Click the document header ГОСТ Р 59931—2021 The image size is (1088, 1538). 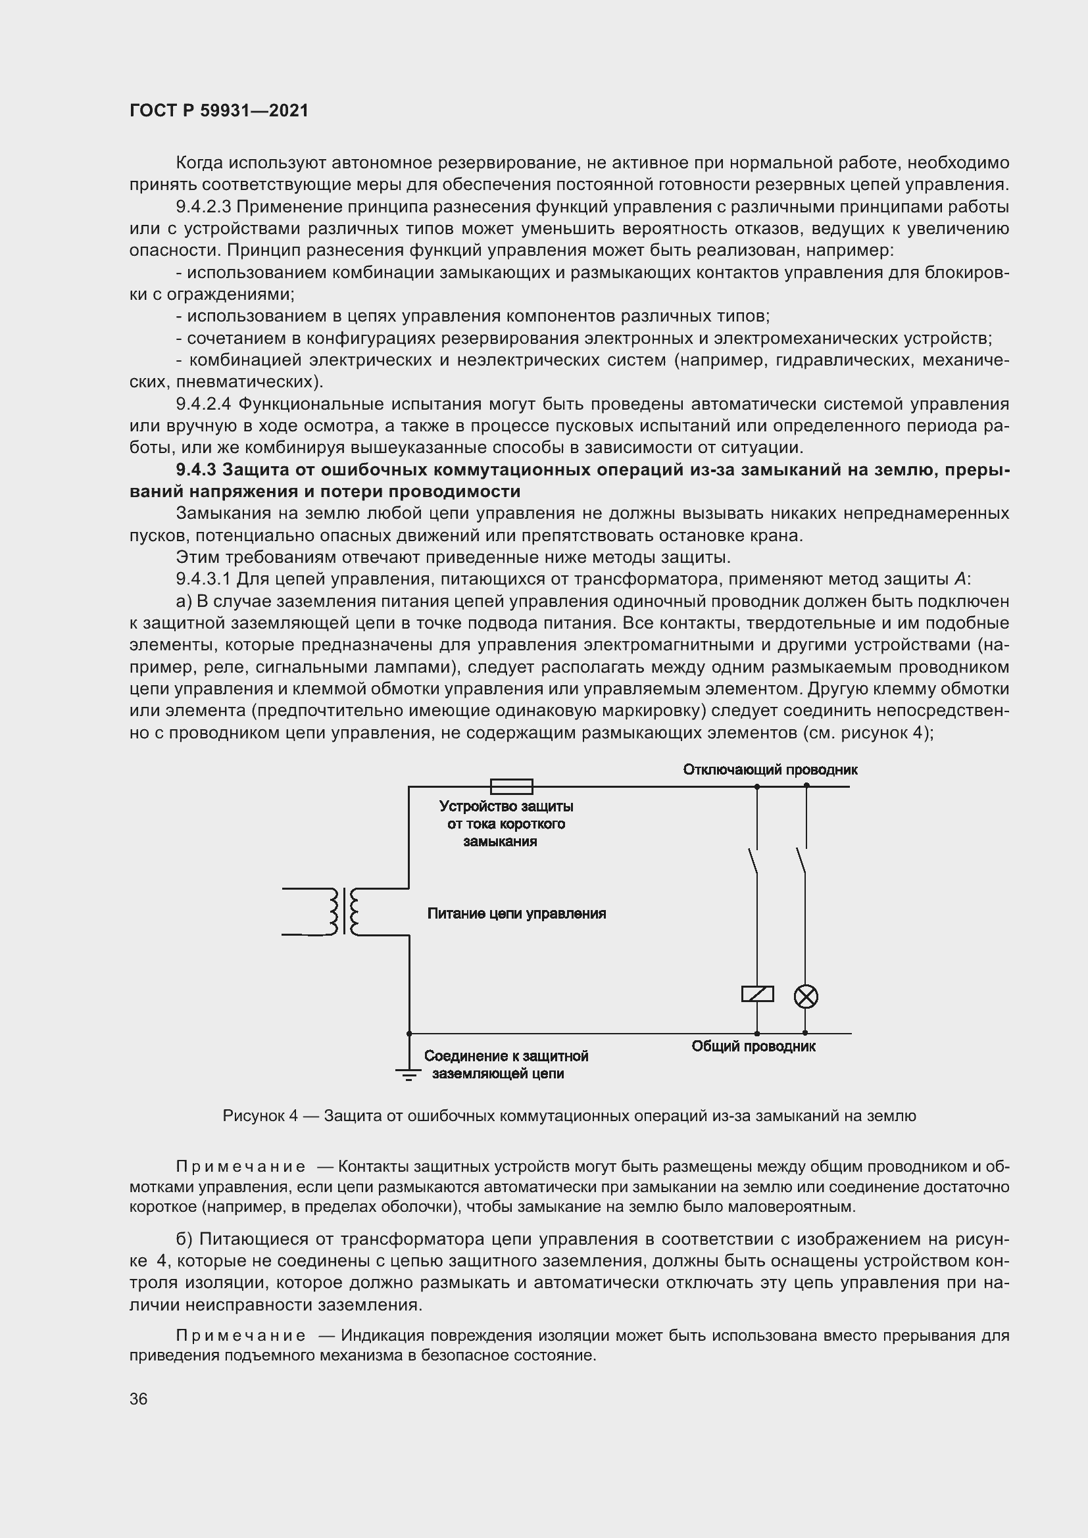(219, 111)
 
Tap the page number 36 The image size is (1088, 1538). (139, 1399)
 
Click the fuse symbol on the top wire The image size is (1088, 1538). (512, 786)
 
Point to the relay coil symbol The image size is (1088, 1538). (757, 994)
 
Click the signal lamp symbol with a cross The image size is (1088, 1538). (805, 997)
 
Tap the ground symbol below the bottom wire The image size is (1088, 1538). (408, 1074)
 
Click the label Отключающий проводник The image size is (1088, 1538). (770, 770)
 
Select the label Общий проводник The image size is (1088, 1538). (753, 1046)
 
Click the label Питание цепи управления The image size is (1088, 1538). (516, 914)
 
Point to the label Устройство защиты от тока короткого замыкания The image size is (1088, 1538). (507, 824)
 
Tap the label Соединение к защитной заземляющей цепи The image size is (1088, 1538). (506, 1065)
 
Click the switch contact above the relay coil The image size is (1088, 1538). (753, 861)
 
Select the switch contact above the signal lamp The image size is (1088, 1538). (801, 861)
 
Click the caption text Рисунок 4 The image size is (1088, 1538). (260, 1116)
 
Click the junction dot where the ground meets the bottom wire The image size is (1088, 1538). (408, 1034)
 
